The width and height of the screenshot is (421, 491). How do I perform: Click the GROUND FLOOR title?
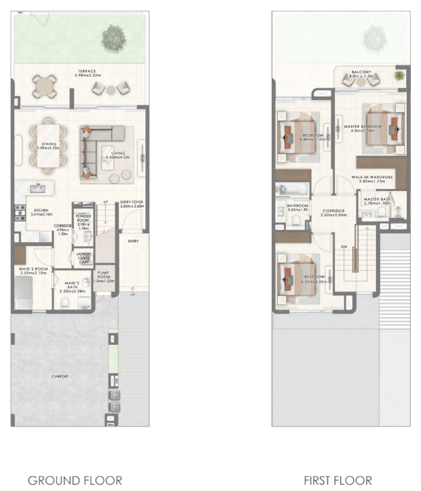pyautogui.click(x=75, y=480)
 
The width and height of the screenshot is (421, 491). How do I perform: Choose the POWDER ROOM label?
pyautogui.click(x=84, y=220)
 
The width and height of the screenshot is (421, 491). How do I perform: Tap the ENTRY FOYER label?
pyautogui.click(x=132, y=204)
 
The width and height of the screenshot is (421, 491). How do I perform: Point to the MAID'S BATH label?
pyautogui.click(x=73, y=285)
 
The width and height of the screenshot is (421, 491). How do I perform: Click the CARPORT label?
pyautogui.click(x=60, y=376)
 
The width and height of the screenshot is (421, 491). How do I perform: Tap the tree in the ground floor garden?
pyautogui.click(x=111, y=38)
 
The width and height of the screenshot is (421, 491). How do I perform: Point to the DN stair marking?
pyautogui.click(x=344, y=247)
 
